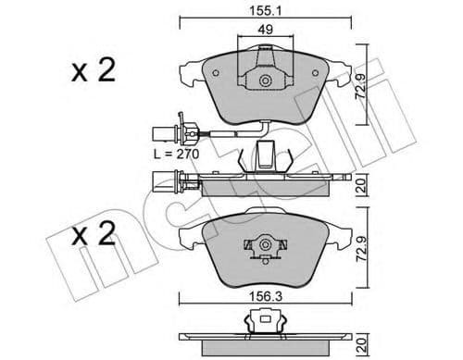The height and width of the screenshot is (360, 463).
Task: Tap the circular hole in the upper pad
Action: click(266, 81)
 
